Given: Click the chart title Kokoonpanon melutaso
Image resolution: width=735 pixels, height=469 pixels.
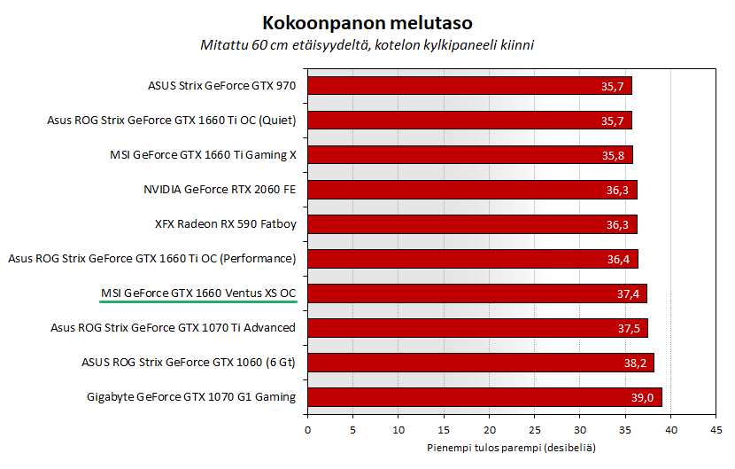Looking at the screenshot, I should click(x=367, y=20).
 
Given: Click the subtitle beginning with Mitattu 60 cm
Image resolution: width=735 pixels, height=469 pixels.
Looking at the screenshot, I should click(x=367, y=43).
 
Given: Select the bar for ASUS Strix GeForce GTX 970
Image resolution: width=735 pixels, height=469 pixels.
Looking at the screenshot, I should click(x=469, y=86).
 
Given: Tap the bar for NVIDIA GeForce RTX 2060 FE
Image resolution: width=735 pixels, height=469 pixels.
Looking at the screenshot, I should click(x=472, y=190).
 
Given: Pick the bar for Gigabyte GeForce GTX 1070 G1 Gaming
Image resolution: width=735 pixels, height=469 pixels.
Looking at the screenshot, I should click(x=484, y=397).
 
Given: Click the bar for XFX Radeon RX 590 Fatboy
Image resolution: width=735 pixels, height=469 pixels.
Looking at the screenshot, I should click(x=472, y=224).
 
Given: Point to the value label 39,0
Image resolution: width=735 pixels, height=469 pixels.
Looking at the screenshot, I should click(x=643, y=398).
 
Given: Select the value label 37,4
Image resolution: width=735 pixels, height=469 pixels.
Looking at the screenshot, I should click(x=628, y=294).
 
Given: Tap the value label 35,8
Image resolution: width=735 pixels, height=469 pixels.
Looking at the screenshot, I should click(x=614, y=156).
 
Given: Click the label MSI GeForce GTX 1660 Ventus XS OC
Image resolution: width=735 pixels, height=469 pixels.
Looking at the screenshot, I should click(x=198, y=293).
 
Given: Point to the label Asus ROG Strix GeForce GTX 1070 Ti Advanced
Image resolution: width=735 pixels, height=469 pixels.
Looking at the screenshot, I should click(x=174, y=327).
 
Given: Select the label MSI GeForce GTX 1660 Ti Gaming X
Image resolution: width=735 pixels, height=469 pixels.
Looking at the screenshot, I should click(x=203, y=154).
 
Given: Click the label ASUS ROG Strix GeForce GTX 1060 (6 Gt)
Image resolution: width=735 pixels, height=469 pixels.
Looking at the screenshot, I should click(x=188, y=362).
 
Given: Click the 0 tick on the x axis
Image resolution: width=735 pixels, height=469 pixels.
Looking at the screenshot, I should click(x=307, y=430).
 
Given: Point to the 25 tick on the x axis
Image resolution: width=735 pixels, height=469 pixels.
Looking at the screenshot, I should click(x=534, y=430).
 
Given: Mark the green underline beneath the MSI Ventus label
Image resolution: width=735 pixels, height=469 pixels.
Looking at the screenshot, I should click(x=198, y=302).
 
